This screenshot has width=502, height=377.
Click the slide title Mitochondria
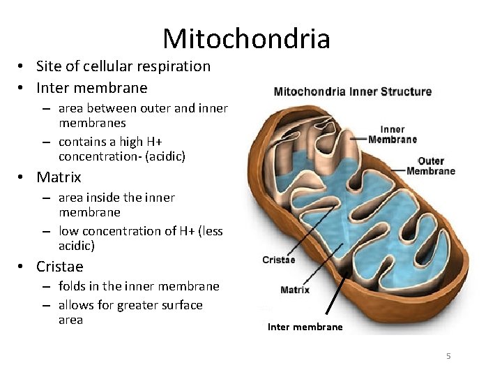pos(246,38)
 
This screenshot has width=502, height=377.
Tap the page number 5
pos(448,356)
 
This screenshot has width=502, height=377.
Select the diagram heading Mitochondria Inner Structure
pos(352,91)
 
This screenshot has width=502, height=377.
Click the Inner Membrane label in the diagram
pos(393,134)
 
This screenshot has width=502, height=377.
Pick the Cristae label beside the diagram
pos(278,260)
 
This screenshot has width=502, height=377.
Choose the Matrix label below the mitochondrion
pos(295,290)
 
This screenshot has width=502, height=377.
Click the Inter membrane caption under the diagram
pos(305,327)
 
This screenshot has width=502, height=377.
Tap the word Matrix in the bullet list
pos(59,177)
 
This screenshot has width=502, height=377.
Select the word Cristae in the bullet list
pos(59,267)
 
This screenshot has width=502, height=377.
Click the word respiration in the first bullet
pos(176,66)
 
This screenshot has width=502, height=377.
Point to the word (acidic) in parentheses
pos(165,156)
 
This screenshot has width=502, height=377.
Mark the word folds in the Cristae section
pos(72,286)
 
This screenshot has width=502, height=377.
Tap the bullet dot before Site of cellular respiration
pos(22,67)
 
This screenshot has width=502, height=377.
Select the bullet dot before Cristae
pos(22,267)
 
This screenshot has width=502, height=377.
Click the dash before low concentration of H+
pos(45,231)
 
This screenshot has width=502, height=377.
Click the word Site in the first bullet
pos(49,66)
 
